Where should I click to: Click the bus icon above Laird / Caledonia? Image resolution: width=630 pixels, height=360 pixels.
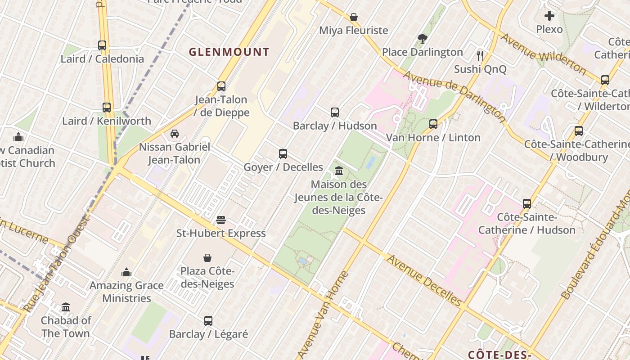[102, 45]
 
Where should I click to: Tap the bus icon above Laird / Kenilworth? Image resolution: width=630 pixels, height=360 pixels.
[107, 108]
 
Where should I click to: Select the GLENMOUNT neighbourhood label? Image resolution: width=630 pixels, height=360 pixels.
[229, 52]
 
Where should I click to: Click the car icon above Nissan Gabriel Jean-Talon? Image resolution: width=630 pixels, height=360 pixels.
[175, 134]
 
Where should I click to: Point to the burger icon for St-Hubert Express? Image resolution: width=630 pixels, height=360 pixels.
[220, 220]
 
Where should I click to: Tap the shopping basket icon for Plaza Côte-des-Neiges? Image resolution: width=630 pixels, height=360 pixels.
[207, 258]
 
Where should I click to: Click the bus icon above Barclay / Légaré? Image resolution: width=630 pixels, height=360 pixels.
[208, 321]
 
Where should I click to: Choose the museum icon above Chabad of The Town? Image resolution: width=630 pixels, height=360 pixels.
[66, 307]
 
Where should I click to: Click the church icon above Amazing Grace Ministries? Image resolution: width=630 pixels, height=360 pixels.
[126, 272]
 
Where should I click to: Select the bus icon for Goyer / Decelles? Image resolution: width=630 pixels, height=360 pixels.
[283, 154]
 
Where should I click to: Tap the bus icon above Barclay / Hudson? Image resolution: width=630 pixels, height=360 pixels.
[335, 112]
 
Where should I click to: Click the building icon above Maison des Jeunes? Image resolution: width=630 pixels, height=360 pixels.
[339, 171]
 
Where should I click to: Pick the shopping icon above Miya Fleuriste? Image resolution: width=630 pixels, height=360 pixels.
[354, 17]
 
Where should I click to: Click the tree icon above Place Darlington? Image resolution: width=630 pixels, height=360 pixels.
[422, 39]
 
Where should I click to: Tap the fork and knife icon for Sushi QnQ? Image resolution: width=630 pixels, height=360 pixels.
[480, 56]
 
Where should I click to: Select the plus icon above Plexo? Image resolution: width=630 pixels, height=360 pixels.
[549, 16]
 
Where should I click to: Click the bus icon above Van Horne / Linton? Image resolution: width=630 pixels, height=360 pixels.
[433, 124]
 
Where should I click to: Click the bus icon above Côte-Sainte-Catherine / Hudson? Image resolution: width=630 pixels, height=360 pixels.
[527, 204]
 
